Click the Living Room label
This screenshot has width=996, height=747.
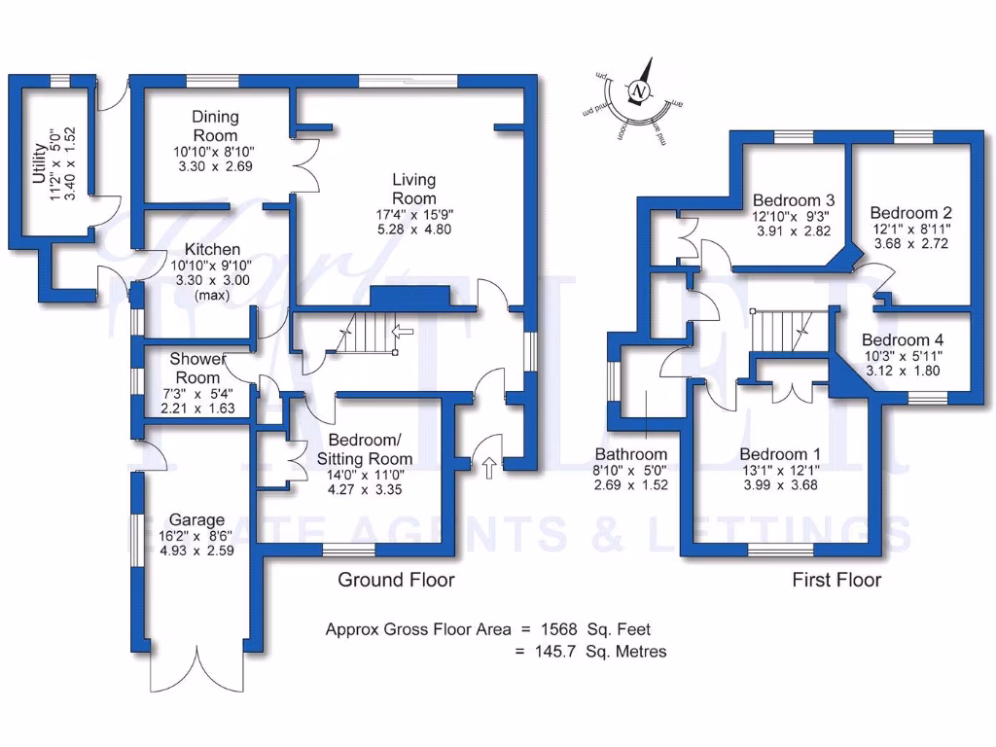(x=413, y=189)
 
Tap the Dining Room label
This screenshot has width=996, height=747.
(x=215, y=125)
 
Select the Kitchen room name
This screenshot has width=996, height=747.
(x=205, y=250)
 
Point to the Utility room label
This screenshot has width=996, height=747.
(x=39, y=163)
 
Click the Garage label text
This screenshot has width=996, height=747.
(x=196, y=520)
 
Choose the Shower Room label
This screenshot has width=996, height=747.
(x=196, y=368)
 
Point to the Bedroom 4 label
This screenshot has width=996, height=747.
(x=902, y=340)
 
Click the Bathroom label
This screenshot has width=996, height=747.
(x=631, y=454)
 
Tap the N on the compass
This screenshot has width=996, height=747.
(x=639, y=91)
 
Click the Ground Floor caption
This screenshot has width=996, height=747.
(x=396, y=581)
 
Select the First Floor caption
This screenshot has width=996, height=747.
(x=836, y=581)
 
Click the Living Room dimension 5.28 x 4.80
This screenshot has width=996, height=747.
(x=413, y=230)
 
